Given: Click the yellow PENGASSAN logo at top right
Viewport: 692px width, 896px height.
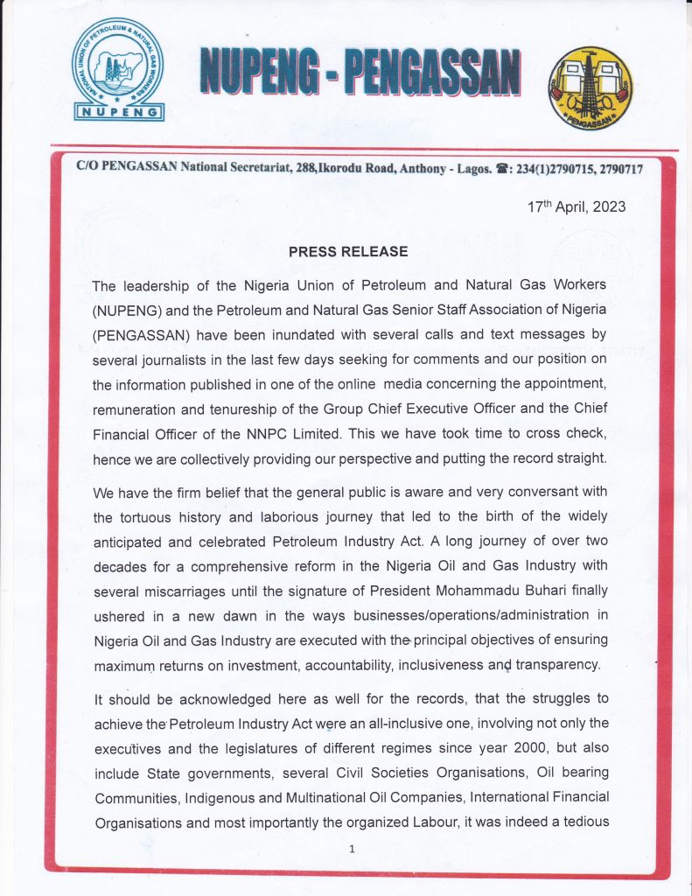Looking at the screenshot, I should (590, 88).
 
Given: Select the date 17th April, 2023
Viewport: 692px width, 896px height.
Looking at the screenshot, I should (577, 207).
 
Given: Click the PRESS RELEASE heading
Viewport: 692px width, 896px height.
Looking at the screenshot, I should (348, 251).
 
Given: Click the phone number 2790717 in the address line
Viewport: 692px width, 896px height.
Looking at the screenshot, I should (619, 168).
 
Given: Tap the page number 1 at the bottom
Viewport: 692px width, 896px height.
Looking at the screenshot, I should (351, 849).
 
